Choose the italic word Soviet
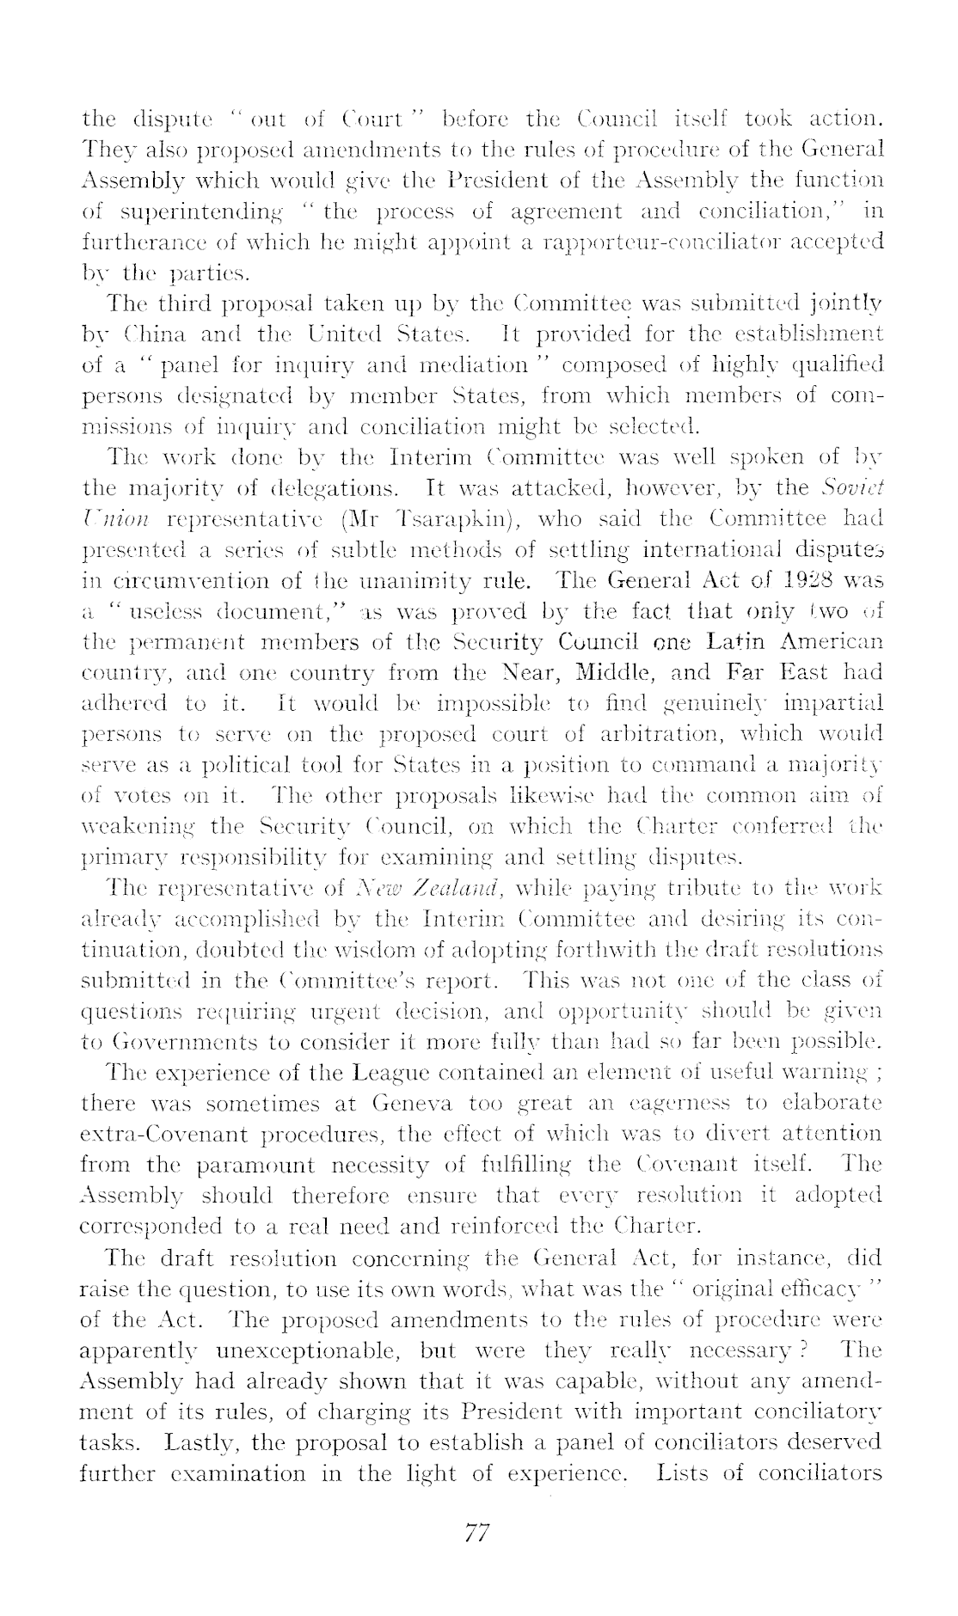pos(850,488)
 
